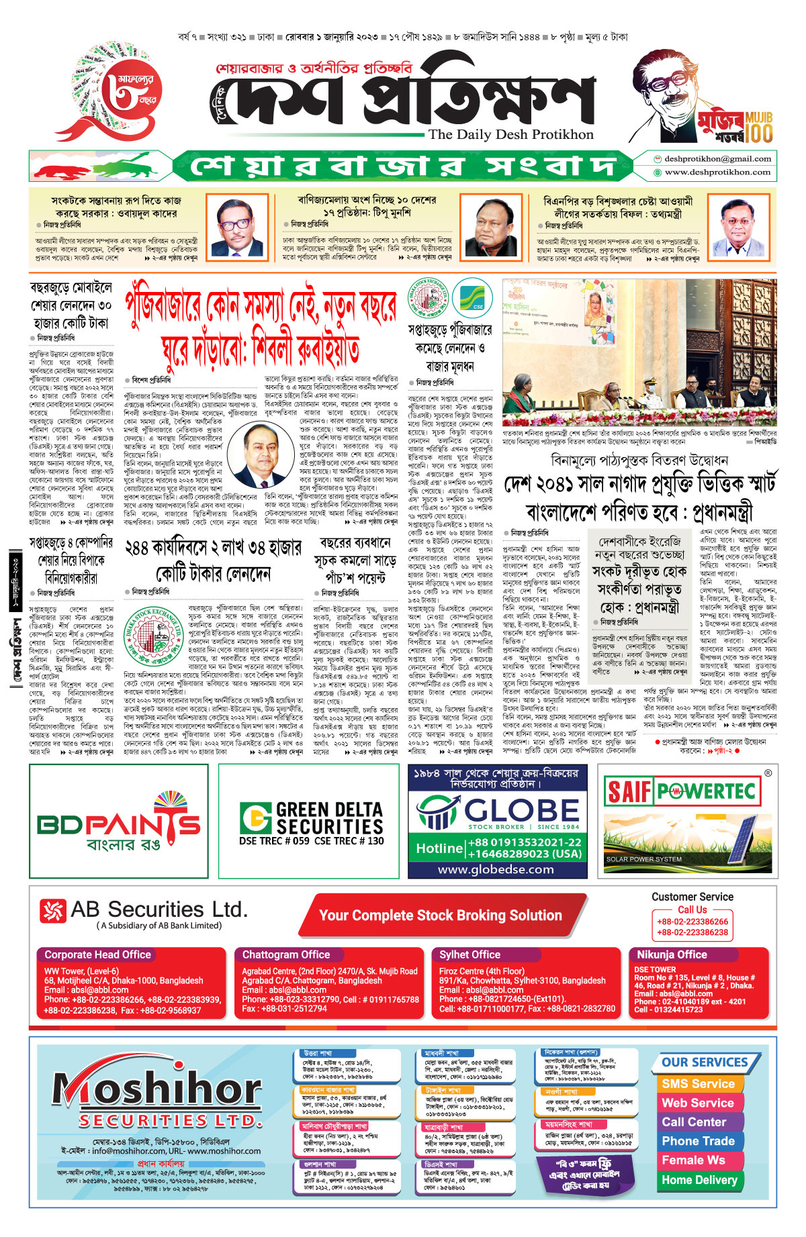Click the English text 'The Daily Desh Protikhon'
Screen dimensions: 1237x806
[511, 134]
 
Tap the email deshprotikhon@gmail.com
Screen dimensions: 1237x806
[717, 159]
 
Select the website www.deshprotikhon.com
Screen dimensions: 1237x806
[717, 172]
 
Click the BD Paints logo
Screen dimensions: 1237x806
[119, 823]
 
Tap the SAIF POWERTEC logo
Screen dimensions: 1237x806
[680, 791]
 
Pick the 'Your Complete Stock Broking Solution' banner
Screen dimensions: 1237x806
[440, 916]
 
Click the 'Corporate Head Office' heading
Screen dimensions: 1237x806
[98, 954]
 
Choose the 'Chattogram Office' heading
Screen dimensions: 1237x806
[286, 954]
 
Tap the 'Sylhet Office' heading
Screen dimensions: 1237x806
[470, 954]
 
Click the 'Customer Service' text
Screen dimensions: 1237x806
[692, 897]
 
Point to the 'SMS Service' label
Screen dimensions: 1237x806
[698, 1083]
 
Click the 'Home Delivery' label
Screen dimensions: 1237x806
[699, 1179]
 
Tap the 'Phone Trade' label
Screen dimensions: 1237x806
[698, 1141]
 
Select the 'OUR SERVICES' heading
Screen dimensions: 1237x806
[705, 1062]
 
